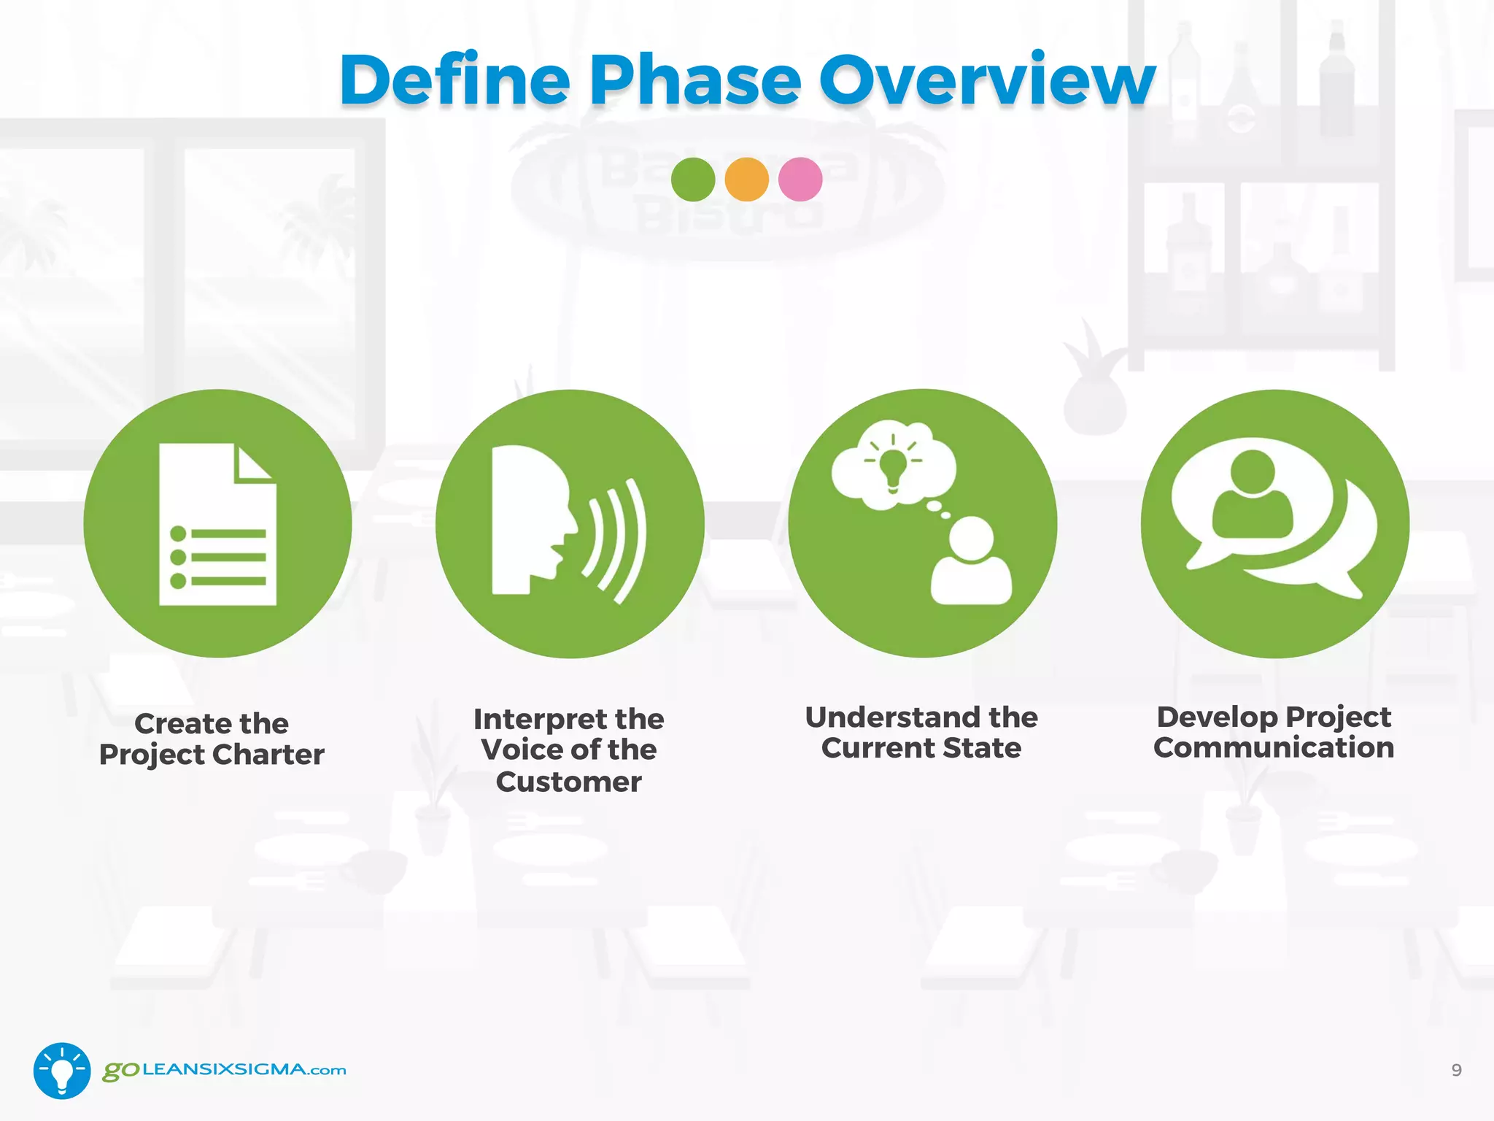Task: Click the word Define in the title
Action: coord(454,80)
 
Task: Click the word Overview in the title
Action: coord(986,80)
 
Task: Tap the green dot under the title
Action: coord(692,180)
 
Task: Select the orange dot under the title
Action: coord(746,180)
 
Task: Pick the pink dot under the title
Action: coord(800,180)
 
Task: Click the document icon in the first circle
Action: coord(217,524)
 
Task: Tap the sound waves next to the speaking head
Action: coord(617,540)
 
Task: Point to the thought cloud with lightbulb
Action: coord(894,464)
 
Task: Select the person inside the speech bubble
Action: coord(1253,496)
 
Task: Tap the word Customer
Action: coord(568,782)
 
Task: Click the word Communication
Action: coord(1274,747)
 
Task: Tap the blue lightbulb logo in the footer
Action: coord(62,1071)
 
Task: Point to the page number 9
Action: coord(1456,1070)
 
